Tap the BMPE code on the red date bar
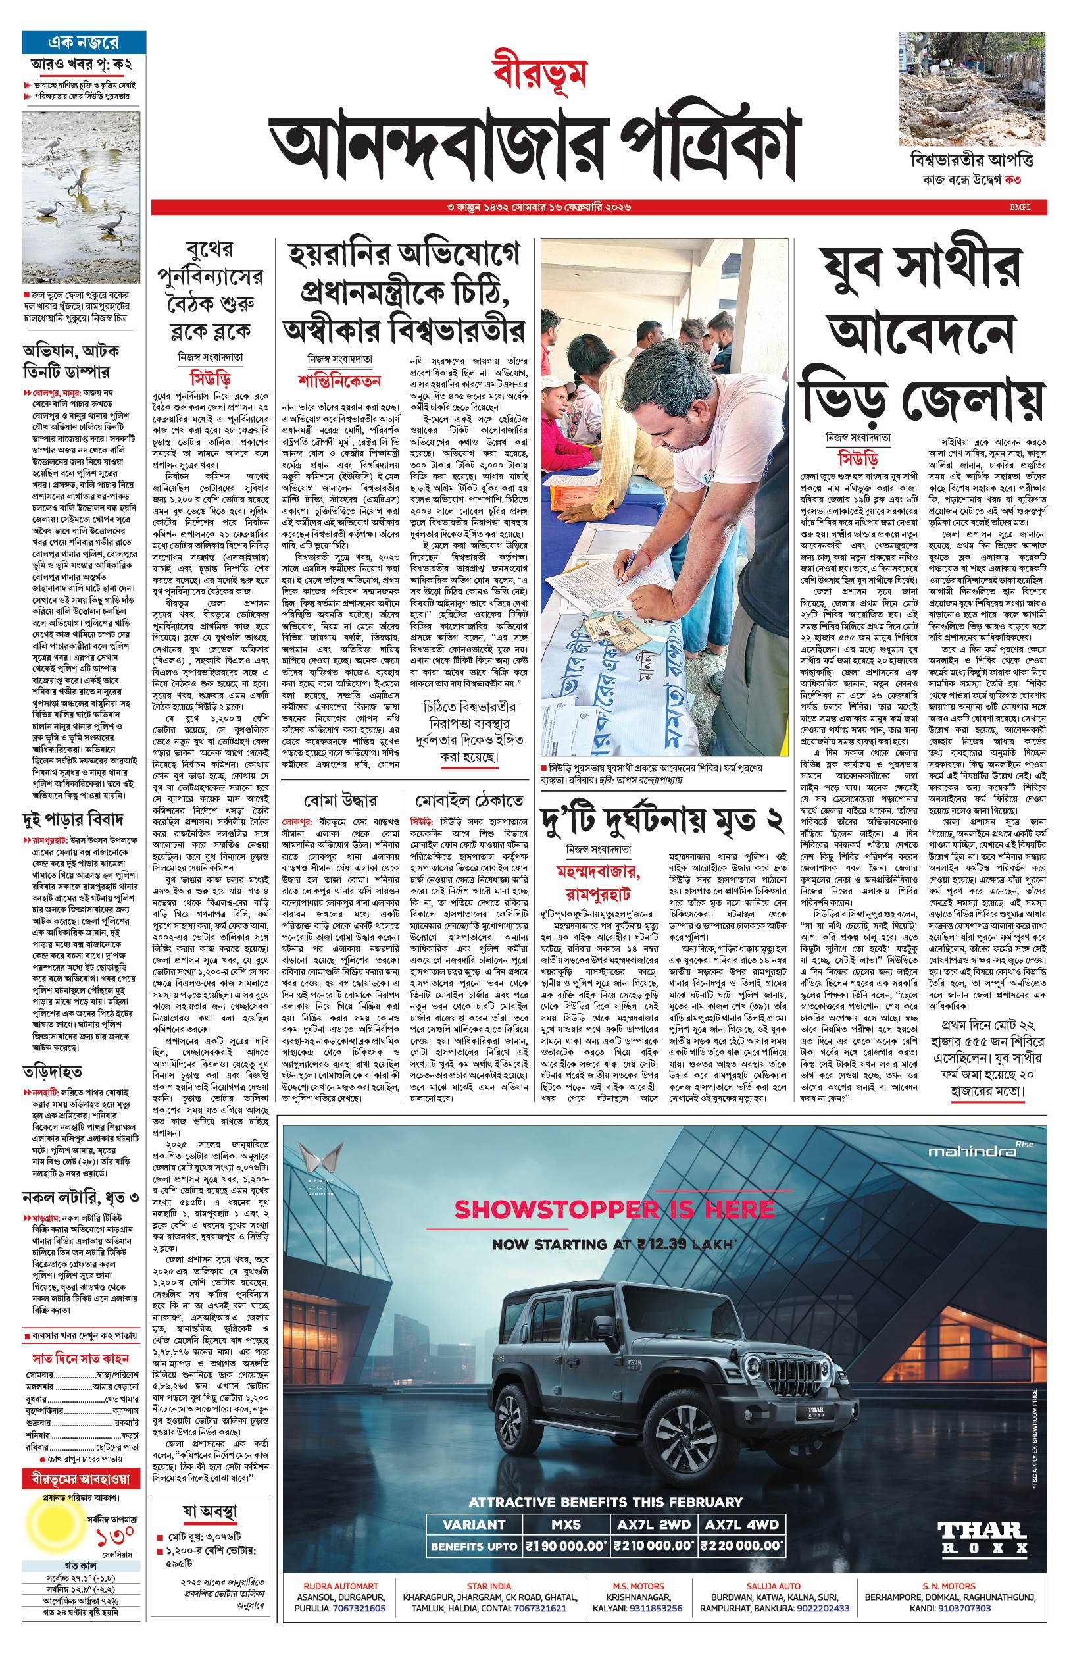point(1020,207)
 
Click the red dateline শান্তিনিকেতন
point(339,381)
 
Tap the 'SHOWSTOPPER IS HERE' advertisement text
point(614,1210)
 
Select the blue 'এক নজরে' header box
point(84,42)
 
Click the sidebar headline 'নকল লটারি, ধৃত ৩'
point(80,1197)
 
